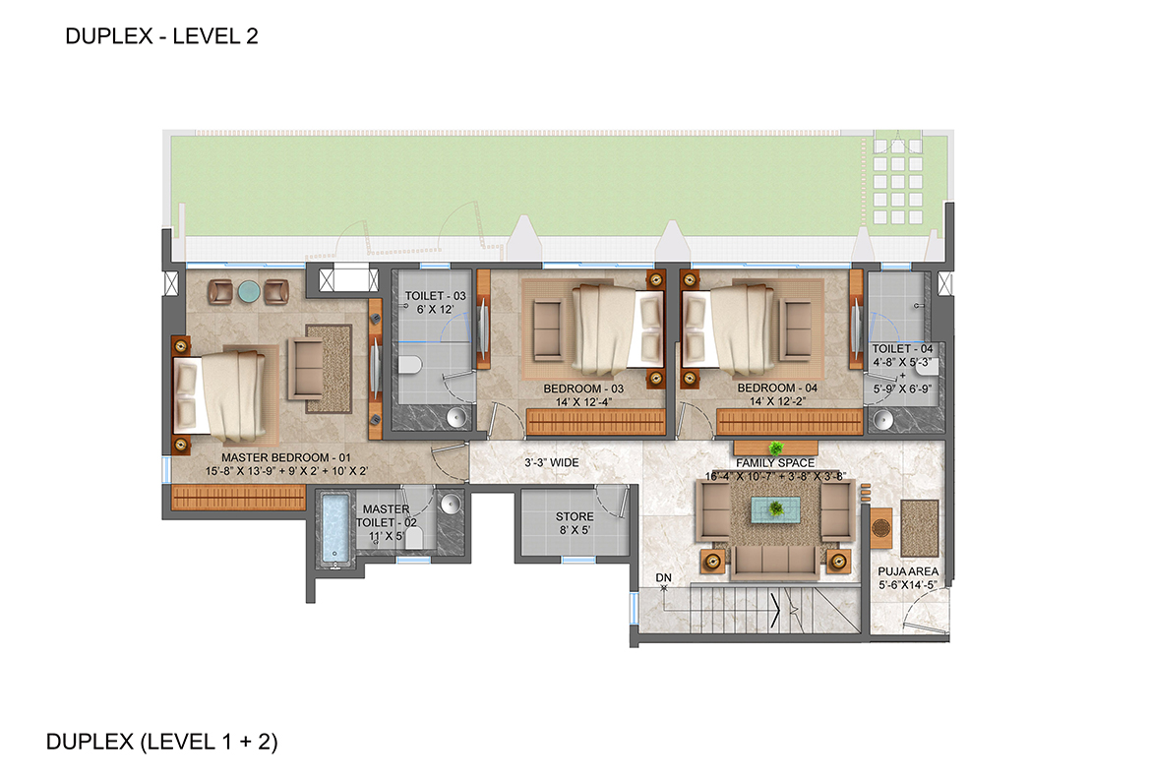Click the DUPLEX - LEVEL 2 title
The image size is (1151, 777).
click(160, 37)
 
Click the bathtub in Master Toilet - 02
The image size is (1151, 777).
click(335, 530)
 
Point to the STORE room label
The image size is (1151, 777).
click(575, 516)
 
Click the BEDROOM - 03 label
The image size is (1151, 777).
click(582, 388)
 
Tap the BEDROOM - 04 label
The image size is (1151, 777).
click(777, 388)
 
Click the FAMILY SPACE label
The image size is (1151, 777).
click(775, 462)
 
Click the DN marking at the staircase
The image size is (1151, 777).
click(664, 577)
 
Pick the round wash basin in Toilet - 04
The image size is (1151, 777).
click(883, 421)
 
